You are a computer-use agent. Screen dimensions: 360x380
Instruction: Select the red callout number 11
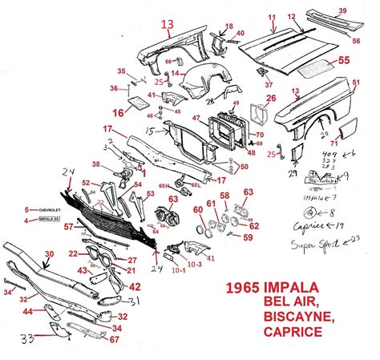click(272, 18)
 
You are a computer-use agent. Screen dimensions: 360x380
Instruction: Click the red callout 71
click(357, 142)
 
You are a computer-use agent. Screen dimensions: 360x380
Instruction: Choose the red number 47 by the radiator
click(196, 118)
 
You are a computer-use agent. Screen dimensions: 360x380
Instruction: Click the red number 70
click(259, 135)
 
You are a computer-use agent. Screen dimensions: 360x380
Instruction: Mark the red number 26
click(271, 99)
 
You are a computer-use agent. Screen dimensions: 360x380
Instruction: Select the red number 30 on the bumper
click(49, 254)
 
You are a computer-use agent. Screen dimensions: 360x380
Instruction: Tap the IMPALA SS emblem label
click(42, 220)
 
